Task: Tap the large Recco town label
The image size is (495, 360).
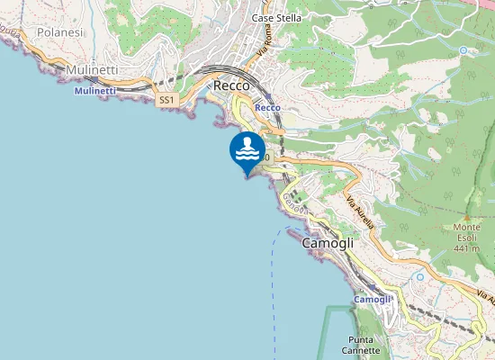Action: click(x=232, y=85)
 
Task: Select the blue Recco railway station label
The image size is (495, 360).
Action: click(x=268, y=107)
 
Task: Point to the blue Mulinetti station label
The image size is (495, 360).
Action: click(x=94, y=91)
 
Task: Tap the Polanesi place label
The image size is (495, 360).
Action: click(x=59, y=31)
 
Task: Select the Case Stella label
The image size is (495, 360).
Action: click(x=276, y=18)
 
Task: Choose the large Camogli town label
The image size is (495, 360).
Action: click(x=328, y=244)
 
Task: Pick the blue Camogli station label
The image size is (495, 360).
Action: click(x=373, y=299)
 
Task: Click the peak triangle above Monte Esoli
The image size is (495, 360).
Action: click(x=467, y=219)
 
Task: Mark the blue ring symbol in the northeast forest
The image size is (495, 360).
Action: click(x=463, y=50)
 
